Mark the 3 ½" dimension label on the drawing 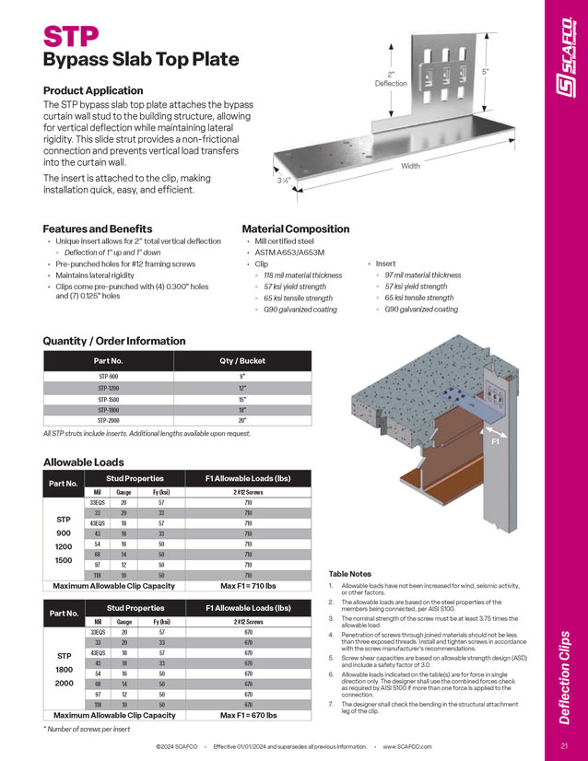click(286, 181)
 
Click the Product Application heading click(93, 90)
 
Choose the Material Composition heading click(295, 228)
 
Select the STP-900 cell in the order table click(110, 377)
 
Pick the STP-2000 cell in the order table click(110, 420)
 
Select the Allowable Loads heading click(84, 462)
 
